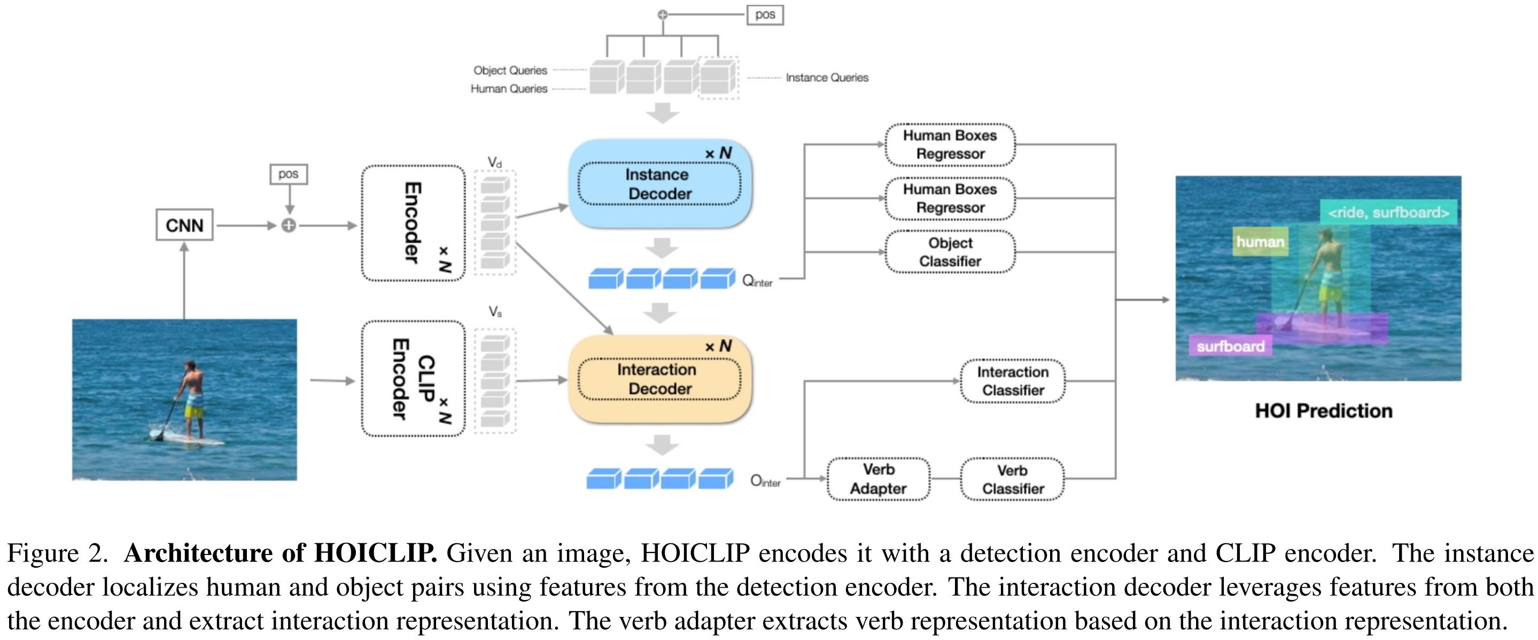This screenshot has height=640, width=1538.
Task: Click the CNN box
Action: coord(184,225)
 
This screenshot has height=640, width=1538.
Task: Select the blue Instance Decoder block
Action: coord(660,184)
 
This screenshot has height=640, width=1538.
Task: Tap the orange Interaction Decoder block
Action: coord(660,379)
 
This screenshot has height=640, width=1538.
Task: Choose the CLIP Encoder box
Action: coord(413,379)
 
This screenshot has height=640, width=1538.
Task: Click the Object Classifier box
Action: coord(950,252)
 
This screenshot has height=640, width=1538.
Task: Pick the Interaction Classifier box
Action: coord(1013,381)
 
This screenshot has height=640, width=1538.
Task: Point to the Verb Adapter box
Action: coord(878,479)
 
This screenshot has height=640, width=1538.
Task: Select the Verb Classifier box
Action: coord(1013,479)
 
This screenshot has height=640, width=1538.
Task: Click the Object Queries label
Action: coord(510,71)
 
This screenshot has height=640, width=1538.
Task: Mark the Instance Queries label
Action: coord(827,77)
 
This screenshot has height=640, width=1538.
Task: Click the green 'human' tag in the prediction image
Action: coord(1260,242)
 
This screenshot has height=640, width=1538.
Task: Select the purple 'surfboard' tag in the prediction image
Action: coord(1231,346)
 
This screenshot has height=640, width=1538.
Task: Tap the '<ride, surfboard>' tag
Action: coord(1388,213)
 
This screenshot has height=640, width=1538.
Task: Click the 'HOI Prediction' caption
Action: coord(1324,411)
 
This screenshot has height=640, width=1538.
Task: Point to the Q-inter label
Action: coord(757,280)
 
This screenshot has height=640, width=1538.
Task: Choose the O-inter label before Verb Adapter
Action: coord(765,481)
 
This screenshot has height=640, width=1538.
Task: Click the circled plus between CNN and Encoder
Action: coord(289,225)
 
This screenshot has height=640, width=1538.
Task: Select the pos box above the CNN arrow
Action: coord(289,174)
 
